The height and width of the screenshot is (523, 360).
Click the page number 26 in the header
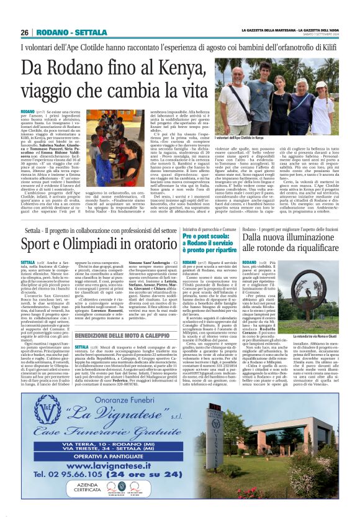coord(24,32)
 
